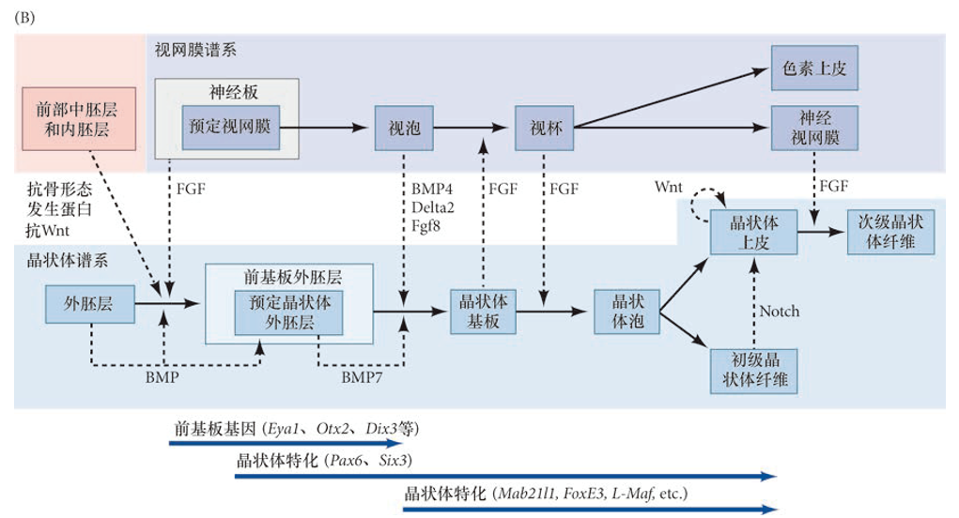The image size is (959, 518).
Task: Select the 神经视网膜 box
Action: (814, 129)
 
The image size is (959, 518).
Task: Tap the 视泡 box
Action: (404, 129)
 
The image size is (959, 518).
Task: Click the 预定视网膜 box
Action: (229, 126)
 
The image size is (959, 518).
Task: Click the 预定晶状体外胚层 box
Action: (288, 313)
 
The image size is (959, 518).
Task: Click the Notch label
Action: (780, 311)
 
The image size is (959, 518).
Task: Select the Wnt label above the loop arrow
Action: (669, 188)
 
